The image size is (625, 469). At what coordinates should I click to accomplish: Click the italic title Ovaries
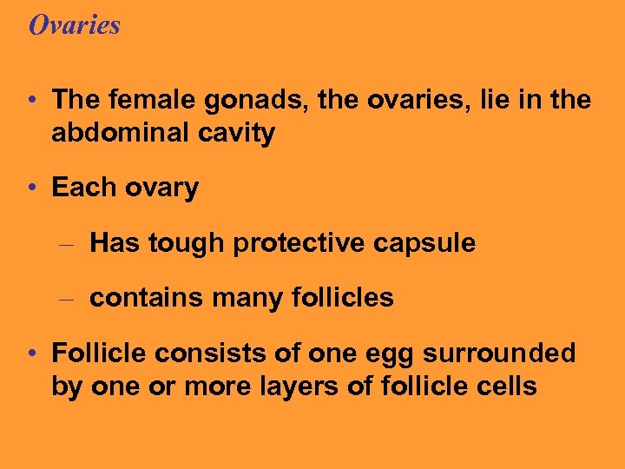coord(75,25)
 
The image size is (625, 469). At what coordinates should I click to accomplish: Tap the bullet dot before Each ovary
coord(32,188)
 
